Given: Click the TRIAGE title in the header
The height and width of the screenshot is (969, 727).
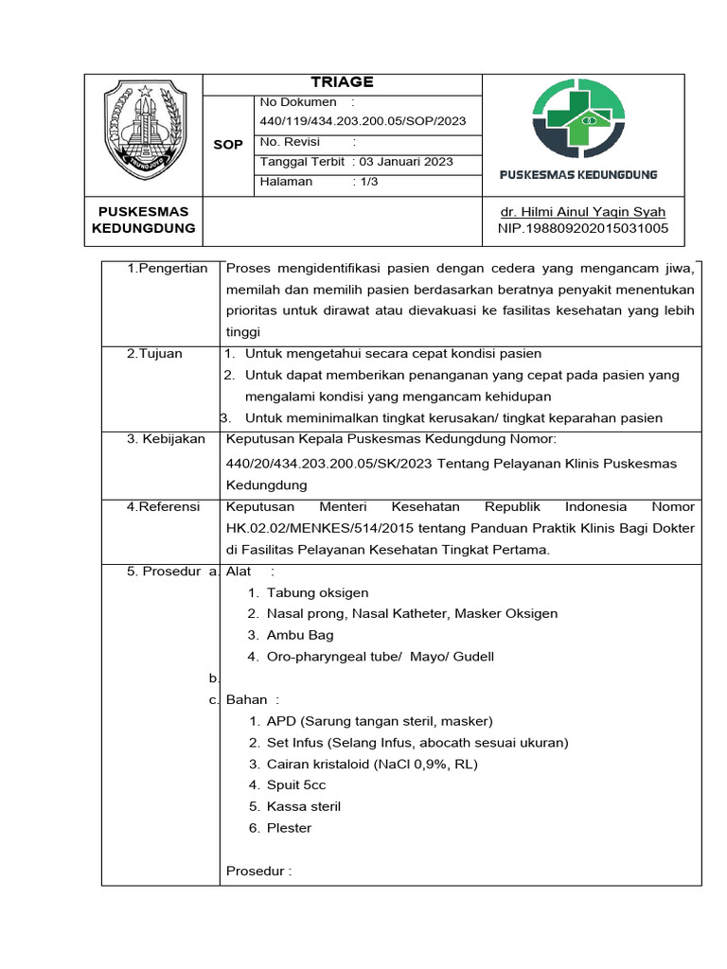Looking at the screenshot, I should coord(342,82).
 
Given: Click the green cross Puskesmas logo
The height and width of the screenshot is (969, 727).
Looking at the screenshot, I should coord(578,119).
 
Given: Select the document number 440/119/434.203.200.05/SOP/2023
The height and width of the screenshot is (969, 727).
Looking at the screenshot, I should coord(363,121).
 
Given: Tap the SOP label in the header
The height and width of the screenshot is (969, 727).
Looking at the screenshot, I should coord(228,145).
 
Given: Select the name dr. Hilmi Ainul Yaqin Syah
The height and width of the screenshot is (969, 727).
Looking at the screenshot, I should coord(582,212).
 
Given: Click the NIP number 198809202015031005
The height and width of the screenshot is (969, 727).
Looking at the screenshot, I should coord(582,229).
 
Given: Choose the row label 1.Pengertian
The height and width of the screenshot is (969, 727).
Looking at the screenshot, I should coord(167,269).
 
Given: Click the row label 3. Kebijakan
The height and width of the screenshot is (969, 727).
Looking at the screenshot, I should coord(166,439).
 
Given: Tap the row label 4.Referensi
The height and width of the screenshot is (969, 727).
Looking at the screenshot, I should coord(163,507).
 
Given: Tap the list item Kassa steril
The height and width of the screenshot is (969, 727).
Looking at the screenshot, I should coord(304,806).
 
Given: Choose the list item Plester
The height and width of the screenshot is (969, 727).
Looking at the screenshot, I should coord(289,828).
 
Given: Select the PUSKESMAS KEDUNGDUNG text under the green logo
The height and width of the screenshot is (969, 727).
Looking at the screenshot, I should coord(578,175).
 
